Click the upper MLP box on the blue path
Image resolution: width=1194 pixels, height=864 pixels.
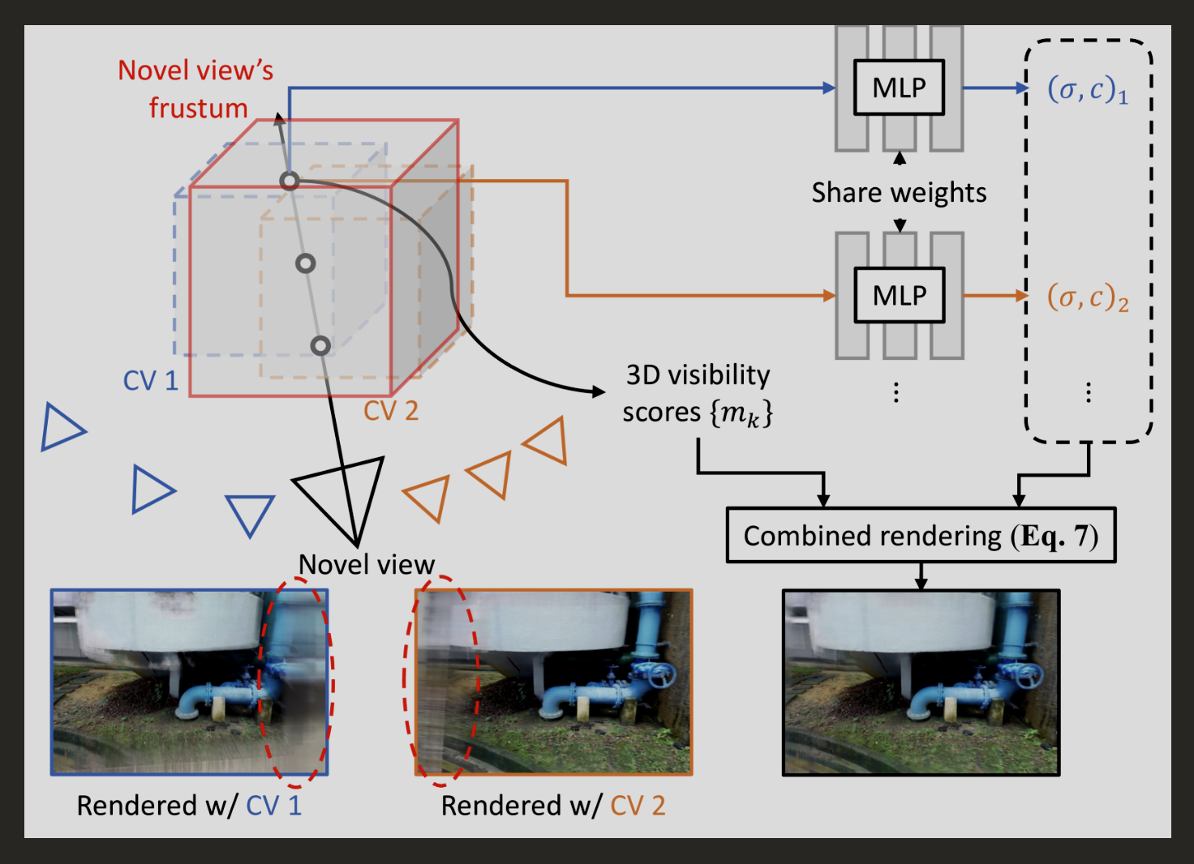(x=899, y=88)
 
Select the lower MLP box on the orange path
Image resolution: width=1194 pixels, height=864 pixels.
(x=900, y=295)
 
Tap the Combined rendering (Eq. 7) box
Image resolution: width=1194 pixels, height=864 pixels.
(x=921, y=536)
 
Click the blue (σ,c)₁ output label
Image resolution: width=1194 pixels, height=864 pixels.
(x=1088, y=89)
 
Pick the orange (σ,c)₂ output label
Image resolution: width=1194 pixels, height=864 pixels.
(x=1088, y=297)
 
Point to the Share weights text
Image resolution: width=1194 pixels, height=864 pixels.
(x=899, y=193)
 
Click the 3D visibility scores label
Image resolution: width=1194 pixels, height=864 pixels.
(x=698, y=394)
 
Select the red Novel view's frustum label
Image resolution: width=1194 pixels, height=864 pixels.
(x=196, y=89)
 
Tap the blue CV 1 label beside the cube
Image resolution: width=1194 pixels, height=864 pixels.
(x=150, y=381)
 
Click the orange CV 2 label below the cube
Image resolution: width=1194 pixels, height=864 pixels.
(x=391, y=411)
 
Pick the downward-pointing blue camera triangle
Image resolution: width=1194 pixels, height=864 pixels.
(x=250, y=514)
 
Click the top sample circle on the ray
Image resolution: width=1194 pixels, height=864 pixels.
(x=290, y=181)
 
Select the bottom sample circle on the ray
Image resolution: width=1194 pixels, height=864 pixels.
(x=320, y=346)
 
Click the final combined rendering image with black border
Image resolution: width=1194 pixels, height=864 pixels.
(x=921, y=682)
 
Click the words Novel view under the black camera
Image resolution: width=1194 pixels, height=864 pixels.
(x=367, y=564)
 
